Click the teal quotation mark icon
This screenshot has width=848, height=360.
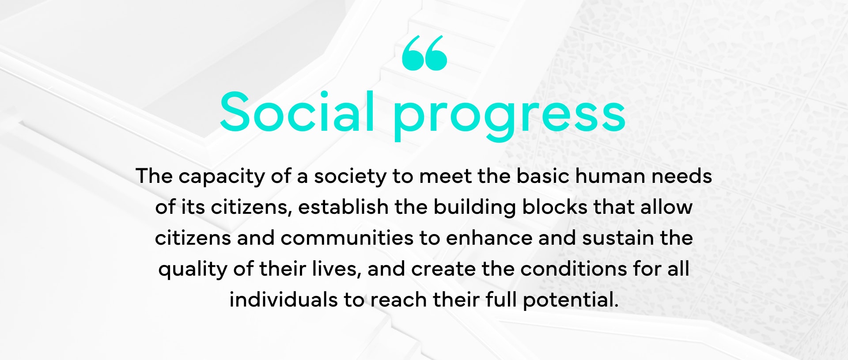click(x=424, y=53)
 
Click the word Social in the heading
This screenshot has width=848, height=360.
click(x=297, y=111)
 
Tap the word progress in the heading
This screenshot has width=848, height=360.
click(x=509, y=116)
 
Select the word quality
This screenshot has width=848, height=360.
click(x=193, y=270)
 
